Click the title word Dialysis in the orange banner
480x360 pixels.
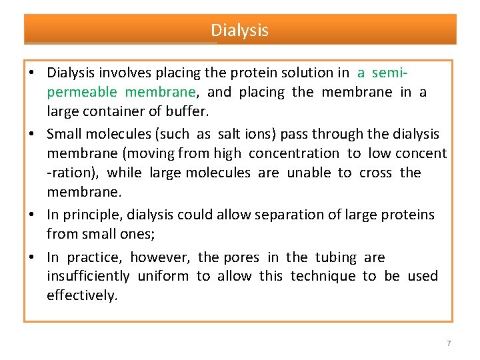[240, 30]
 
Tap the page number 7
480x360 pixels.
[449, 343]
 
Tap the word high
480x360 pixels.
[228, 153]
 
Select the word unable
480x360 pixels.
[309, 173]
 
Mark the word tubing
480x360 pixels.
[337, 257]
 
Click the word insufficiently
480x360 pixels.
[88, 276]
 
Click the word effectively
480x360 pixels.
[82, 295]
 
